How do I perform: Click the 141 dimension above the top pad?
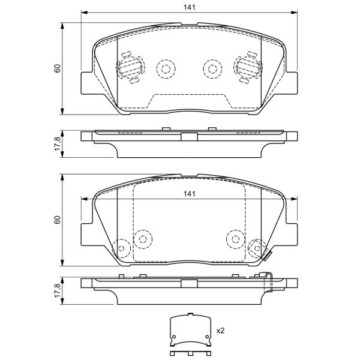coord(190,7)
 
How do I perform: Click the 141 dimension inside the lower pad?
coord(190,194)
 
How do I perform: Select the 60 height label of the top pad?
coord(57,68)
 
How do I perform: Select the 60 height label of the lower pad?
coord(57,220)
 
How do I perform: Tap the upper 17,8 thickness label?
coord(58,144)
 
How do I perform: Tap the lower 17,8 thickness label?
coord(58,290)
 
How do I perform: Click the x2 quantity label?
coord(220,331)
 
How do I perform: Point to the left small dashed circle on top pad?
coord(166,68)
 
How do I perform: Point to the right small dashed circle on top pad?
coord(212,68)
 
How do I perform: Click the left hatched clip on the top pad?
coord(130,67)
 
